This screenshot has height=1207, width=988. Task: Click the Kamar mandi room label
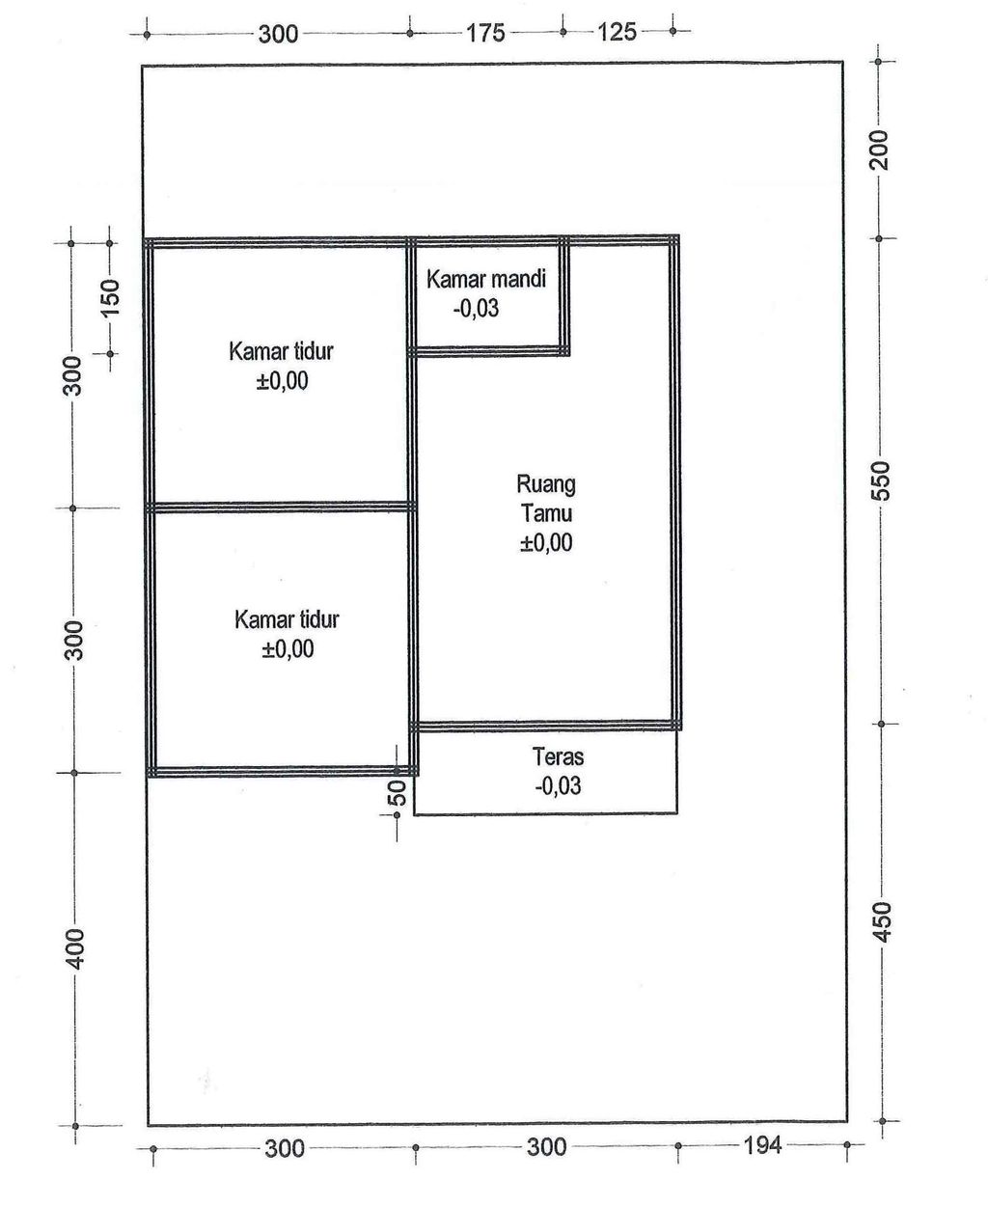coord(486,279)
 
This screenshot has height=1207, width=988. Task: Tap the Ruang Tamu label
coord(546,499)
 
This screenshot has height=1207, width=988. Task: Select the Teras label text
coord(558,756)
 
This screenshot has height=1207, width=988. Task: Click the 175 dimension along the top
coord(486,33)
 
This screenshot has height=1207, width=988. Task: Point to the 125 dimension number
coord(617,32)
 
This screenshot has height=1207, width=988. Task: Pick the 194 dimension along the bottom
coord(762,1145)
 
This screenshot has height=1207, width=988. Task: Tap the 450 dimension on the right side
coord(883,921)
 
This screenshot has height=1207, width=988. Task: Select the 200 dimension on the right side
coord(879,151)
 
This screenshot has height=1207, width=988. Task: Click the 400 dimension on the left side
coord(76,948)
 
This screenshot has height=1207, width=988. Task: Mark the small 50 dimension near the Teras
coord(398,793)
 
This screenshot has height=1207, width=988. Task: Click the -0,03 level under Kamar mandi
coord(476,309)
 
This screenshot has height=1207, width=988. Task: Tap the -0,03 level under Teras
coord(558,785)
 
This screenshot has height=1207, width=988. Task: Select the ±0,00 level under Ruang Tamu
coord(546,542)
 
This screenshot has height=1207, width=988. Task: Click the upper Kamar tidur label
coord(281,351)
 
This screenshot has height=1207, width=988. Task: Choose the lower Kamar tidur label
coord(287,619)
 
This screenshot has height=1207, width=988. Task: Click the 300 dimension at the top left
coord(278,35)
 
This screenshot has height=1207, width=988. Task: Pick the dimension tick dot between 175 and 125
coord(563,32)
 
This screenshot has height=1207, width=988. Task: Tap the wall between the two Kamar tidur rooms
coord(281,507)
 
